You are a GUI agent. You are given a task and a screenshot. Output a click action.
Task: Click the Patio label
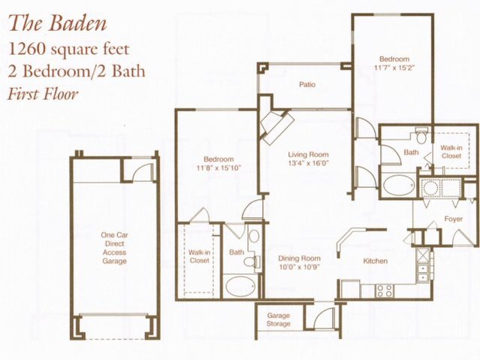(x=306, y=85)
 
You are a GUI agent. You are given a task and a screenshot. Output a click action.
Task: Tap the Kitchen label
(x=375, y=261)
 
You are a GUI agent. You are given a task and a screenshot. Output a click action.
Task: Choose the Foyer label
(x=452, y=220)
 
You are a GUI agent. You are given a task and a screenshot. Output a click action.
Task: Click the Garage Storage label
(x=279, y=319)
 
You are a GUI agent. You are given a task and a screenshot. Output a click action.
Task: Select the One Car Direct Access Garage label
(x=115, y=249)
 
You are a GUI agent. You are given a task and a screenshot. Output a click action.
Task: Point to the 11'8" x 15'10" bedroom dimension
(x=219, y=168)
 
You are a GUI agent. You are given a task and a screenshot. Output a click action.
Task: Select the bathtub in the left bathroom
(x=240, y=285)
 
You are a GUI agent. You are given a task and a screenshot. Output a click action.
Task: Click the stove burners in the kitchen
(x=385, y=289)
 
